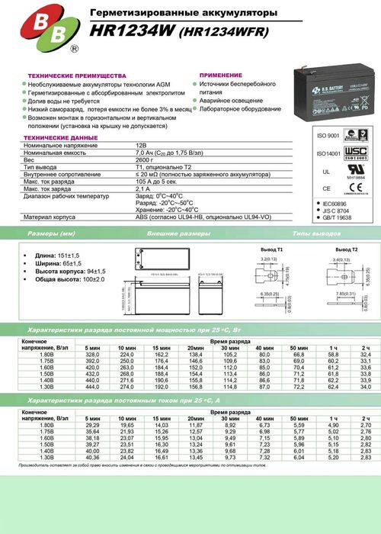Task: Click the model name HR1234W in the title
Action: [x=122, y=32]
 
